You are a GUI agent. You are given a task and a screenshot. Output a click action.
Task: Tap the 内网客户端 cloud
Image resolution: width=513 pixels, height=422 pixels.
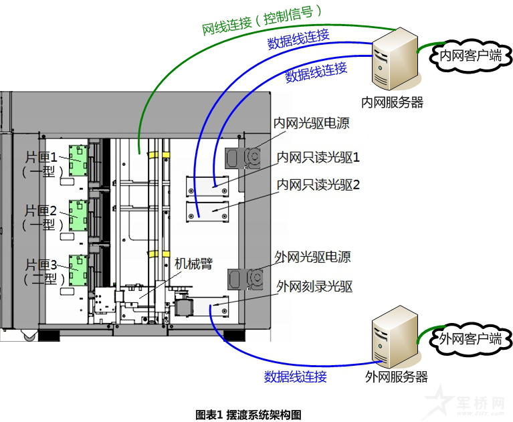468,56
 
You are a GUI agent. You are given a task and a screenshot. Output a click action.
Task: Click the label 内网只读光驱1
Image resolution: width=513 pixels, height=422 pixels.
318,158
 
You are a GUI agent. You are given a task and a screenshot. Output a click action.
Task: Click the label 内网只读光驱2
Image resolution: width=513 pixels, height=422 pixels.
318,184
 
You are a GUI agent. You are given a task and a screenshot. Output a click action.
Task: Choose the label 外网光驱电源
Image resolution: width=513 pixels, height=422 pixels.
312,257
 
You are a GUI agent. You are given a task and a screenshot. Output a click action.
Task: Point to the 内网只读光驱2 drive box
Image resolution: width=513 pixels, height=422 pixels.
207,211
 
